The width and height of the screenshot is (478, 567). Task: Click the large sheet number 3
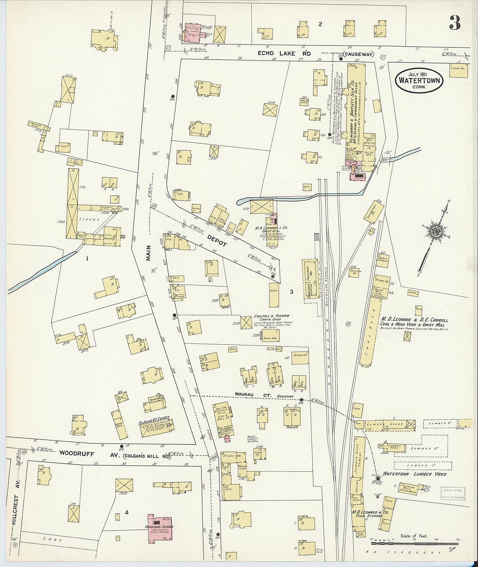(x=455, y=22)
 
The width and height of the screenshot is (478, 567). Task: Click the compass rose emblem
(x=434, y=232)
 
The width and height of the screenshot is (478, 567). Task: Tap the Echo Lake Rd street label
(x=284, y=54)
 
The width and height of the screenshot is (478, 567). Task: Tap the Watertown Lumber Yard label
(x=414, y=474)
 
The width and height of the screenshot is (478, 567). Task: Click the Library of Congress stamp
(x=453, y=493)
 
